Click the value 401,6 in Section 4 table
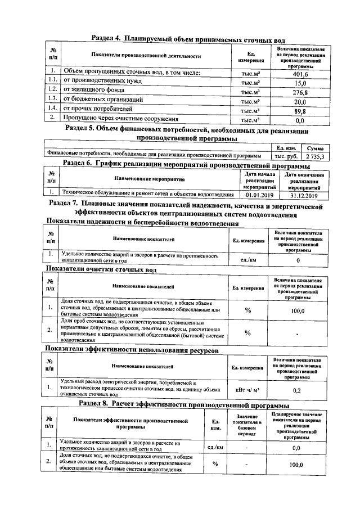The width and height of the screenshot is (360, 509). coord(300,74)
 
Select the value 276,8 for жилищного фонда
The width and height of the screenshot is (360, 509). coord(300,92)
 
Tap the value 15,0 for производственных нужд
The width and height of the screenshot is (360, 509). coord(300,83)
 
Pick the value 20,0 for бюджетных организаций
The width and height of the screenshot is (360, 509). coord(300,101)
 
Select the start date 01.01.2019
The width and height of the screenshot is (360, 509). coord(260,195)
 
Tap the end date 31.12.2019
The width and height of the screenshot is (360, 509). coord(304,195)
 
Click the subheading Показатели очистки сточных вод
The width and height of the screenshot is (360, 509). coord(101,270)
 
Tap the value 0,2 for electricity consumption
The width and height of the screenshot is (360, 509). coord(297,390)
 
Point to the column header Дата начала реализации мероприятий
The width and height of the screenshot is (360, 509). coord(260,181)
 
